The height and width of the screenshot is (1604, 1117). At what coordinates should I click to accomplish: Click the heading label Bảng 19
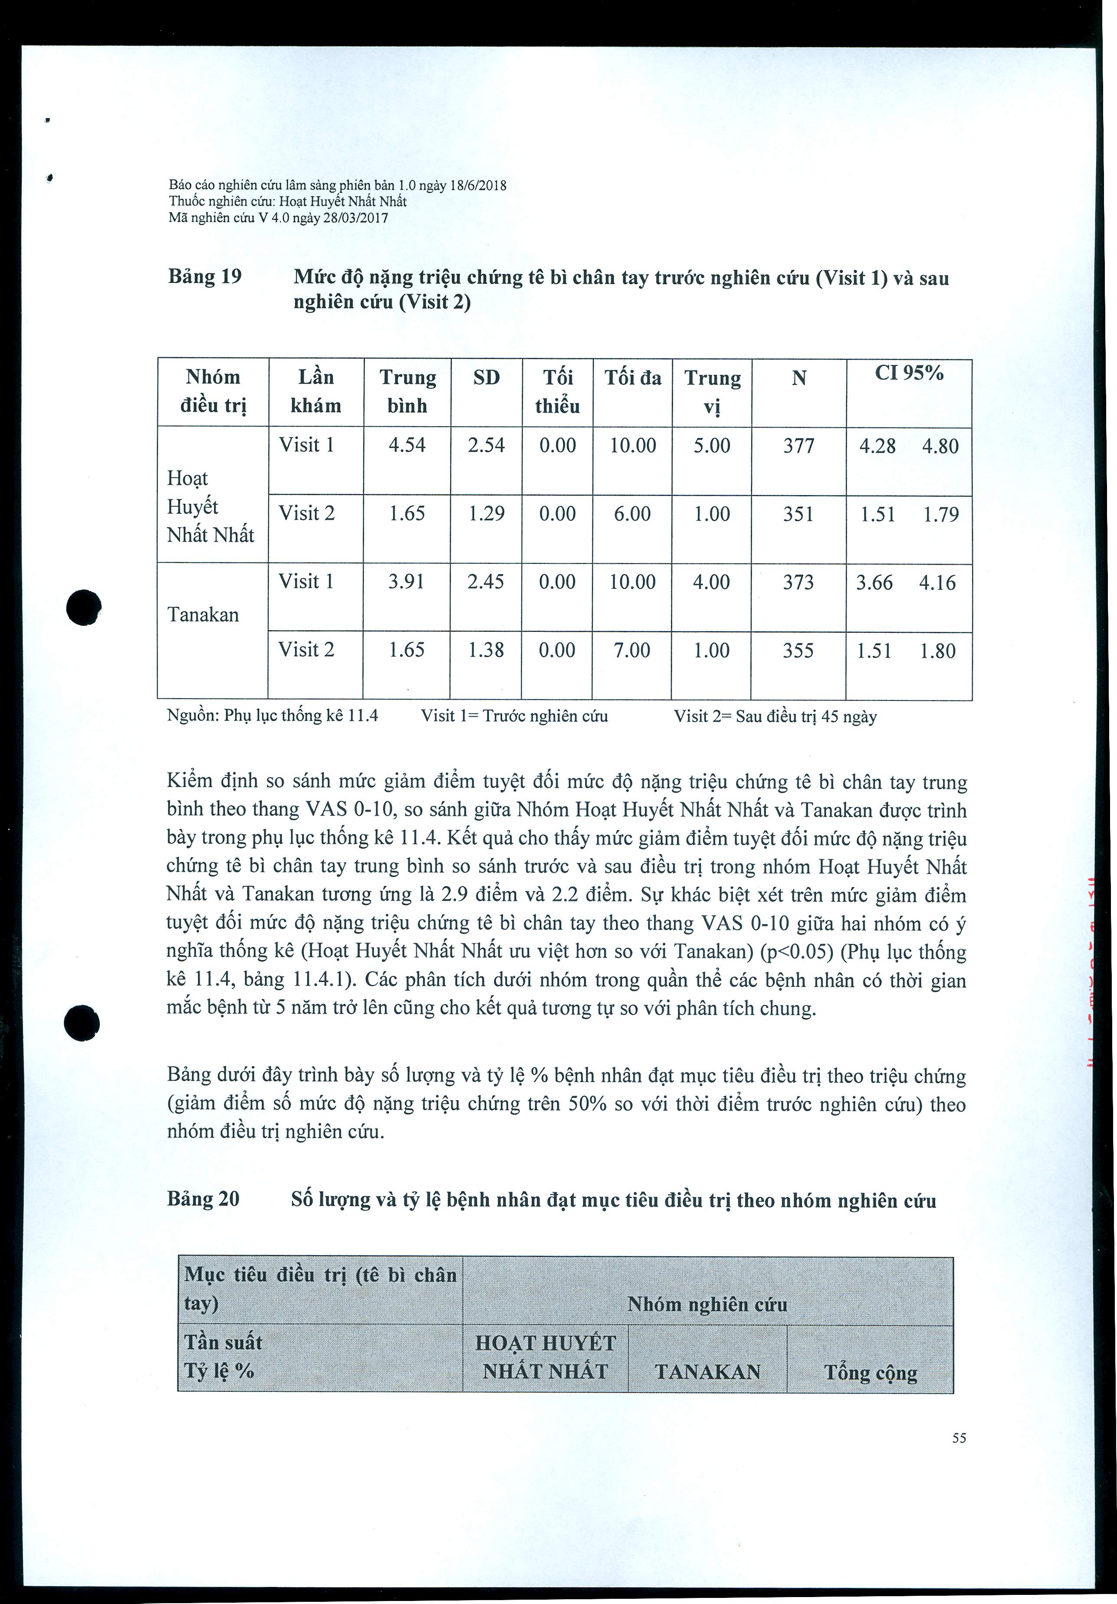pyautogui.click(x=205, y=276)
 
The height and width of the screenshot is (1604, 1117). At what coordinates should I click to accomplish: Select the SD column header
pyautogui.click(x=486, y=378)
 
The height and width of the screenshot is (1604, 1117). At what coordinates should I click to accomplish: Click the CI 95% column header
pyautogui.click(x=909, y=374)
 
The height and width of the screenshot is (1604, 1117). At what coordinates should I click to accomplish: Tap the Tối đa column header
pyautogui.click(x=632, y=378)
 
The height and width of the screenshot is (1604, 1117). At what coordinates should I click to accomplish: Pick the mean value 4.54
pyautogui.click(x=407, y=445)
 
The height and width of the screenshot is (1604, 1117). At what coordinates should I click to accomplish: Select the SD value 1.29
pyautogui.click(x=486, y=513)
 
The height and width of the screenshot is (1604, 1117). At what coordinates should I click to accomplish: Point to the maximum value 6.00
pyautogui.click(x=632, y=513)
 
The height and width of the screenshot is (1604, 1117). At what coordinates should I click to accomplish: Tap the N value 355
pyautogui.click(x=798, y=651)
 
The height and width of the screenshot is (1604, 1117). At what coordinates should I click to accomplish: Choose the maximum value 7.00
pyautogui.click(x=631, y=651)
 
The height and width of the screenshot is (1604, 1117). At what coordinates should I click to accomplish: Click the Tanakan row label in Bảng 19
pyautogui.click(x=203, y=615)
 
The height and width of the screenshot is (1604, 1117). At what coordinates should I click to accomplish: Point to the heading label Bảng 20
pyautogui.click(x=203, y=1199)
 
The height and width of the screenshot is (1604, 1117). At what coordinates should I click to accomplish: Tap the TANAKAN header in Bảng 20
pyautogui.click(x=708, y=1372)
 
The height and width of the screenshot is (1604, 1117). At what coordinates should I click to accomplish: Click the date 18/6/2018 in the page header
pyautogui.click(x=479, y=185)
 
